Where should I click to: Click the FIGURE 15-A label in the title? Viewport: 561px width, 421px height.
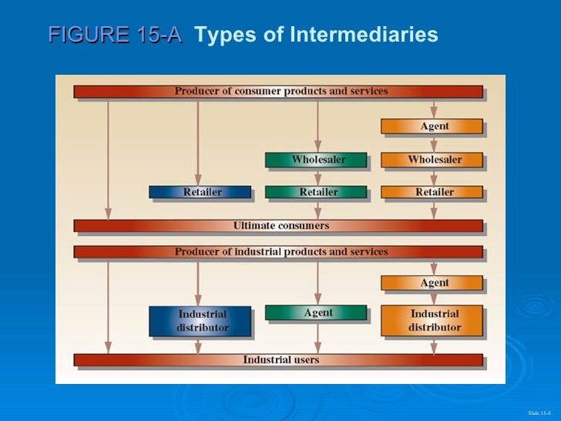coord(116,35)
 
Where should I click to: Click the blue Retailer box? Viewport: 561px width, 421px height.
coord(200,192)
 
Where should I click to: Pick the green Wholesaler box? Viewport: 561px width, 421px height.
coord(317,160)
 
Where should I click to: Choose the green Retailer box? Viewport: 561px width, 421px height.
coord(317,192)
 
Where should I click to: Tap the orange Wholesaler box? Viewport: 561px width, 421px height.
coord(433,160)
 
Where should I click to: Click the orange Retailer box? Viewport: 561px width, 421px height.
coord(433,192)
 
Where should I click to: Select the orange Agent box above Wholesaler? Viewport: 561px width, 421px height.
coord(433,126)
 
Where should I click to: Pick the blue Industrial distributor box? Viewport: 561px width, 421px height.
coord(200,321)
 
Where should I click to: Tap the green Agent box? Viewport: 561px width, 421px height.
coord(317,312)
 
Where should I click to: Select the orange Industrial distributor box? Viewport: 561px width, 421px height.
coord(433,321)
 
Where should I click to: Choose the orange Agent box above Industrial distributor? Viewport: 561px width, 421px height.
coord(433,283)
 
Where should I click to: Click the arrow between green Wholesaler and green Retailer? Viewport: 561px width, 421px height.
coord(317,177)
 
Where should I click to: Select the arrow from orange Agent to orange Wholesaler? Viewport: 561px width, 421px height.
coord(434,143)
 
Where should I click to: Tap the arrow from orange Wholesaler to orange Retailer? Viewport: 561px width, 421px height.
coord(434,177)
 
